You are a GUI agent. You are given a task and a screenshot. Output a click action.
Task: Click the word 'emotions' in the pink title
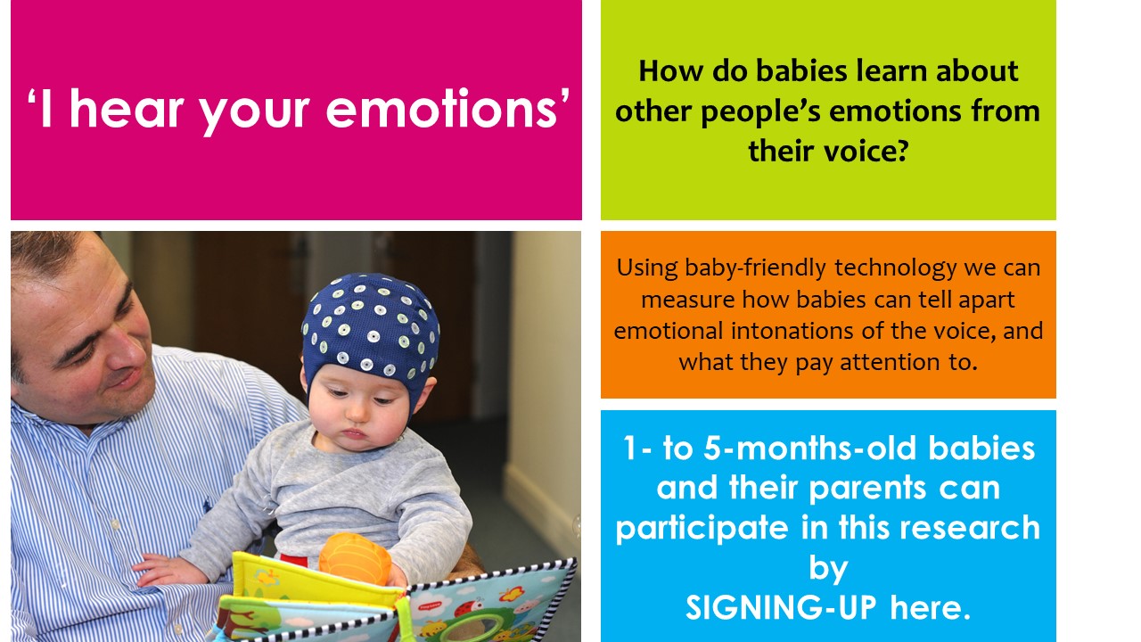441,109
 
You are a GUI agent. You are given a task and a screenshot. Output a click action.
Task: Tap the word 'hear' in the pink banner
127,108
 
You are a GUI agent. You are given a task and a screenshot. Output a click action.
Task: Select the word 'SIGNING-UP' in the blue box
781,607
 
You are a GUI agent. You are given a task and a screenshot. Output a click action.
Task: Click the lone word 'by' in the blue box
828,568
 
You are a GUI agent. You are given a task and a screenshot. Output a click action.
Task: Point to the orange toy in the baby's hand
355,559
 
